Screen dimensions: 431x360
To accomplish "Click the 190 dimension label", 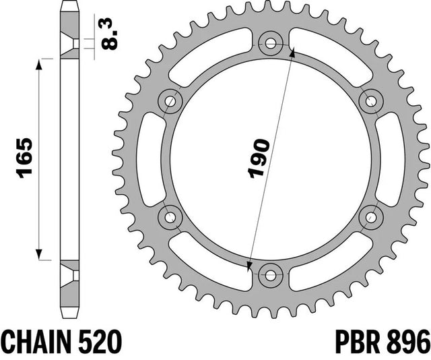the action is [x=259, y=159].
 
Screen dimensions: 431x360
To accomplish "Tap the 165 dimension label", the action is [x=24, y=158].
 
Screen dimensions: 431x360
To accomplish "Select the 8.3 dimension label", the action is [x=110, y=34].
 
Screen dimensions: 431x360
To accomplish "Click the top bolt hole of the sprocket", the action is [x=271, y=44].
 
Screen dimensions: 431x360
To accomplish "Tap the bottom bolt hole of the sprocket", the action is [x=271, y=275].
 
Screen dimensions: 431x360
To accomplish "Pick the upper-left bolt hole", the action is [x=170, y=101].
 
